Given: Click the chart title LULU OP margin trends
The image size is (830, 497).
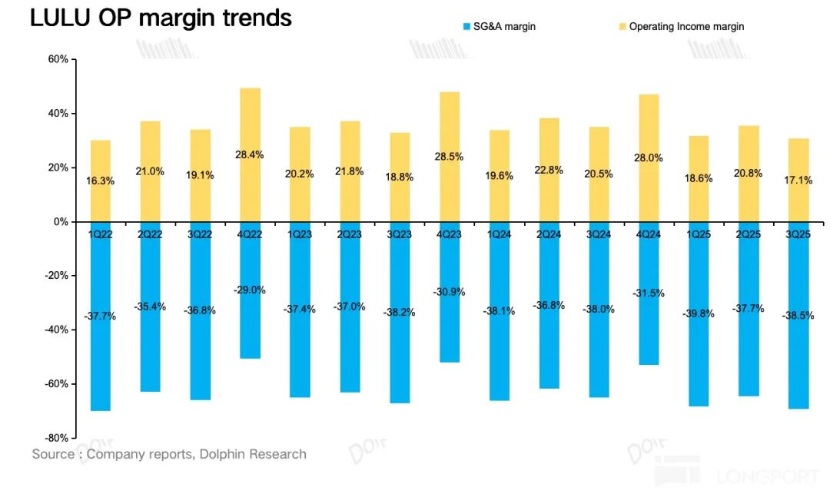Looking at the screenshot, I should tap(161, 18).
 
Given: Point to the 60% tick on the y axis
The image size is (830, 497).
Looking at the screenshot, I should tap(58, 60).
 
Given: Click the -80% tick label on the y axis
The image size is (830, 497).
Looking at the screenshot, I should tap(57, 438).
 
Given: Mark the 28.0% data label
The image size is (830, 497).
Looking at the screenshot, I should tap(649, 157).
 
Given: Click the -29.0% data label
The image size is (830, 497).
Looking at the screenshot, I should tap(250, 290).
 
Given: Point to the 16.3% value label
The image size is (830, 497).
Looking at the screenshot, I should tap(101, 181).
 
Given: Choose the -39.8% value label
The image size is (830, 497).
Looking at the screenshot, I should tap(699, 313).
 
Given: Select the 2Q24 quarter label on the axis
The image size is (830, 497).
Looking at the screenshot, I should tap(549, 234).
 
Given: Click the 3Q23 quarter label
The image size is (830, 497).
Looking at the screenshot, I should tap(400, 234).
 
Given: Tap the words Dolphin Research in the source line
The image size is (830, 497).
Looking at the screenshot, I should tap(253, 454).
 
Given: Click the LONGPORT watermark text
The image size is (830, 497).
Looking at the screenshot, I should tap(768, 477).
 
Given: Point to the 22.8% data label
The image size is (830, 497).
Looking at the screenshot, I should tap(549, 171).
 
